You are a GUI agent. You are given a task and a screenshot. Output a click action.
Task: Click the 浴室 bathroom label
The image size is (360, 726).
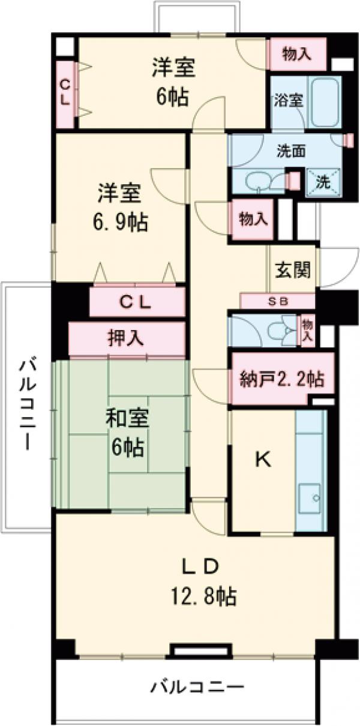(288, 100)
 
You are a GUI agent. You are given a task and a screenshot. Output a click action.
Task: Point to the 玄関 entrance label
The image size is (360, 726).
(293, 271)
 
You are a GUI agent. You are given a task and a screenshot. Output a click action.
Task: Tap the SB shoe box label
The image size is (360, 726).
(277, 301)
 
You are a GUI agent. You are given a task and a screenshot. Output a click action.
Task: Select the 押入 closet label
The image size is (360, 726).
(125, 338)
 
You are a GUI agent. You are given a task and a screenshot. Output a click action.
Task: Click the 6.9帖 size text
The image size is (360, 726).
(119, 223)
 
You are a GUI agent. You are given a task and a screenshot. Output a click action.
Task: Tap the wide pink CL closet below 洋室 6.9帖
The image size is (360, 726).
(137, 302)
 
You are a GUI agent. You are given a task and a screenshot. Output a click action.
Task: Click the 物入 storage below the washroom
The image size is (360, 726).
(253, 219)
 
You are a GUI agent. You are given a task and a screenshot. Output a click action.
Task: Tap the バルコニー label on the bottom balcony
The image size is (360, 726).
(197, 686)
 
